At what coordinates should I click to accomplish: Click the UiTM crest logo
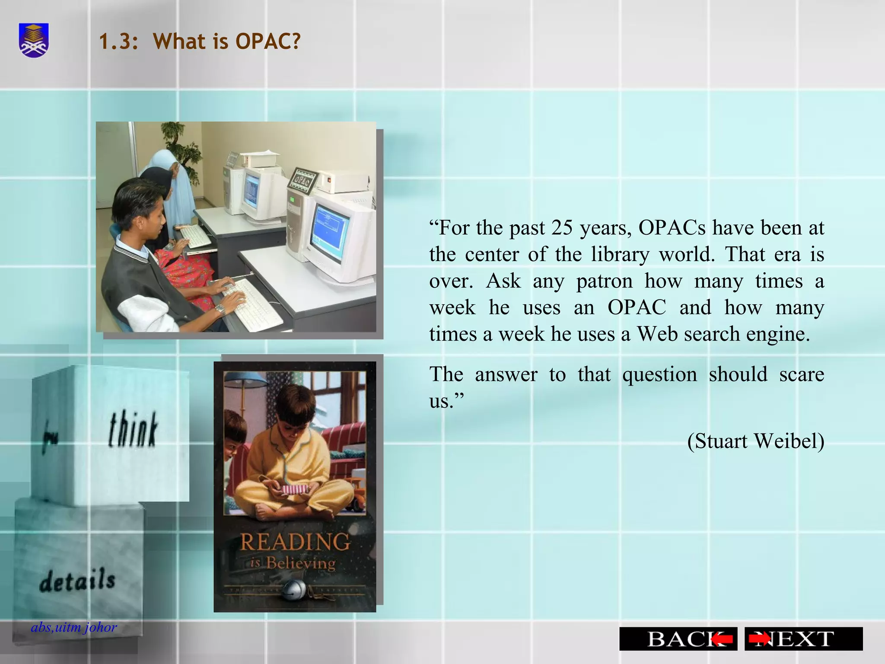(34, 41)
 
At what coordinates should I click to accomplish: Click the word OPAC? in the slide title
(268, 41)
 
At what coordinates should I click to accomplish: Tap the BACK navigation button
(678, 638)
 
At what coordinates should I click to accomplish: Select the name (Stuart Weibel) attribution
(755, 441)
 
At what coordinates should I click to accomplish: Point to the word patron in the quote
(604, 281)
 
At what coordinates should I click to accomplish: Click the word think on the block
(133, 430)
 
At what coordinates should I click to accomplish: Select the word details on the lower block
(78, 581)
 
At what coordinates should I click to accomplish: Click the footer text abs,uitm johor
(74, 627)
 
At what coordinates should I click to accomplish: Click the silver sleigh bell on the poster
(295, 589)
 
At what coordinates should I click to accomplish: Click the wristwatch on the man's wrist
(220, 310)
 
